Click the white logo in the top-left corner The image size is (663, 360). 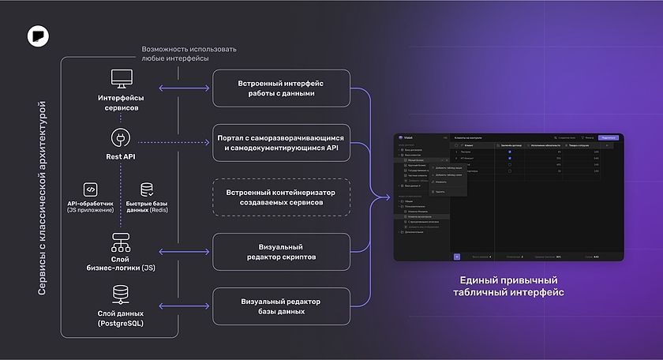click(x=37, y=36)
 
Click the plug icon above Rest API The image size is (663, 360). click(x=121, y=137)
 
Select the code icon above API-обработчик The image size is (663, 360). click(x=91, y=189)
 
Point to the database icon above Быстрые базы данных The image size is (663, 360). click(x=147, y=189)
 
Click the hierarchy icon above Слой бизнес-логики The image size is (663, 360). click(x=121, y=241)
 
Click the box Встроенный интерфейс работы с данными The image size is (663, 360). click(x=281, y=88)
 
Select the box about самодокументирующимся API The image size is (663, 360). click(x=281, y=142)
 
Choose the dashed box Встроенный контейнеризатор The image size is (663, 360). click(x=281, y=197)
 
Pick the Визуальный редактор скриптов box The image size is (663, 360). click(x=281, y=252)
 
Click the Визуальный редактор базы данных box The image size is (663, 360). click(x=281, y=306)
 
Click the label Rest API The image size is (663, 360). click(x=121, y=156)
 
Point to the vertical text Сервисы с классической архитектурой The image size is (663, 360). click(x=43, y=197)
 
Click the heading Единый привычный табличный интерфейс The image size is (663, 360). click(x=508, y=287)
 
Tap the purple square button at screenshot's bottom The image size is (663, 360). click(x=457, y=256)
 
